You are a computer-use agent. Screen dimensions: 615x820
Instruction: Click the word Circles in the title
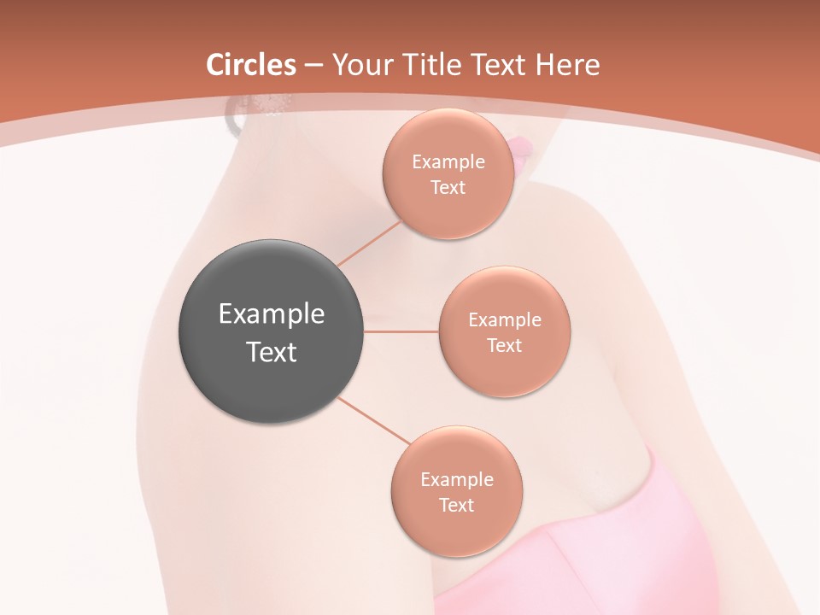point(251,65)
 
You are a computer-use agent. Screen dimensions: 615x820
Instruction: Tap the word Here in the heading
point(566,65)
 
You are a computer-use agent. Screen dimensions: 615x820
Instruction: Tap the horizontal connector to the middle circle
point(401,331)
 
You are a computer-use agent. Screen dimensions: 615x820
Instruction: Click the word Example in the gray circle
point(272,313)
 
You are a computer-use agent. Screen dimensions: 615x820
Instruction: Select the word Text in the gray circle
point(272,351)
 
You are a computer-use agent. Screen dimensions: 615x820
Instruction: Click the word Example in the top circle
point(448,161)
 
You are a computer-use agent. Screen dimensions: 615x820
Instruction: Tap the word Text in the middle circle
point(505,345)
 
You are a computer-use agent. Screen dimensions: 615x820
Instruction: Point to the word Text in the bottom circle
point(456,505)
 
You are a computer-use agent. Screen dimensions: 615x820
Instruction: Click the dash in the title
point(313,66)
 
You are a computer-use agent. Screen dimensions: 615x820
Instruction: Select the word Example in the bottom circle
point(457,479)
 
